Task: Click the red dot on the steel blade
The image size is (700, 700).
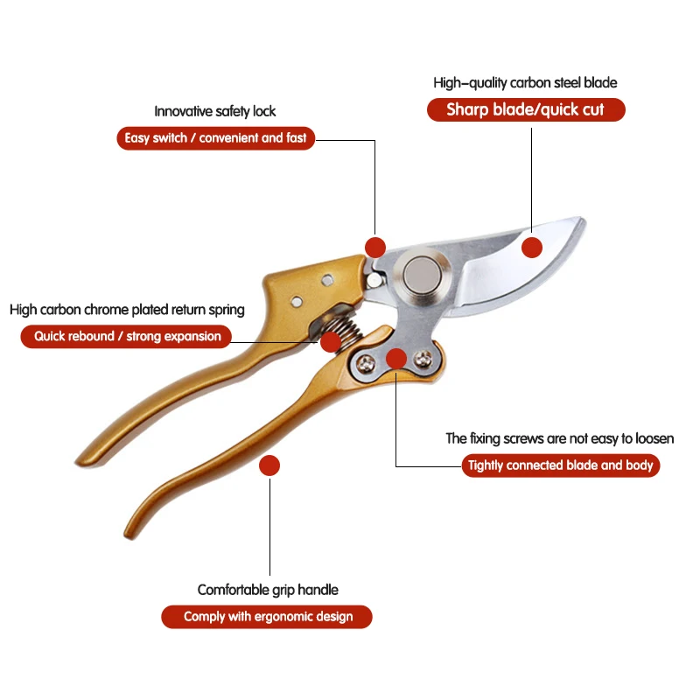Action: click(x=532, y=248)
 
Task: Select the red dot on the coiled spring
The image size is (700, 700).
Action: click(x=330, y=342)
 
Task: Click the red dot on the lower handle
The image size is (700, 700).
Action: click(x=269, y=465)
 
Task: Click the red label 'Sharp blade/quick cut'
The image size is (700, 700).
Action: click(x=526, y=110)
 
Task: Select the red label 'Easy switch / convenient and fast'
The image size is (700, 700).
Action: click(x=215, y=138)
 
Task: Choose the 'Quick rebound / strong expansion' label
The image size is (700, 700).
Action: click(x=127, y=336)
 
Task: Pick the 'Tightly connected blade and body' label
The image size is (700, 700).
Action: click(x=560, y=465)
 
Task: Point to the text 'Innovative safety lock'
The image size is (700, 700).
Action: click(x=215, y=111)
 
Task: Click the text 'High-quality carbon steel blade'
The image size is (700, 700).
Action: click(x=525, y=83)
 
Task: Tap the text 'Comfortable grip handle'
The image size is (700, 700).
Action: click(x=268, y=590)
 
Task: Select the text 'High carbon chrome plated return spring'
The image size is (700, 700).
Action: click(x=127, y=310)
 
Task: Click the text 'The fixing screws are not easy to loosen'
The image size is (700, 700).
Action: click(x=560, y=438)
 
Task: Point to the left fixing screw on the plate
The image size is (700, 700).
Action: click(x=366, y=362)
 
